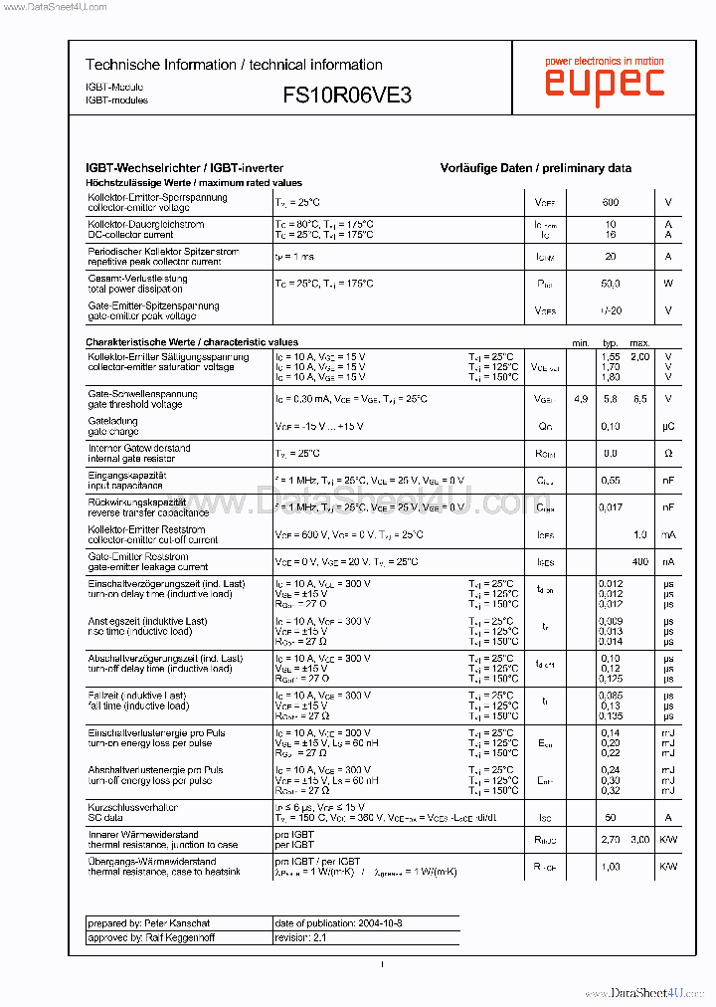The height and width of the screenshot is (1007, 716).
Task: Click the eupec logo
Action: (604, 81)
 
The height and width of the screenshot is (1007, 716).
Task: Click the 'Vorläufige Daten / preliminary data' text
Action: (535, 168)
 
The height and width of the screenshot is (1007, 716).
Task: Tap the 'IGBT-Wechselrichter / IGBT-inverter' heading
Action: (185, 168)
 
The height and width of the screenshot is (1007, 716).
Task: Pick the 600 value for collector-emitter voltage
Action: (610, 202)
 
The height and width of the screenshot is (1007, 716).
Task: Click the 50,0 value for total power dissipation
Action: (610, 284)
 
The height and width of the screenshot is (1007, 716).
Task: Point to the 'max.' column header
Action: (639, 343)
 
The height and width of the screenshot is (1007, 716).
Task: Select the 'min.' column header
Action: (581, 343)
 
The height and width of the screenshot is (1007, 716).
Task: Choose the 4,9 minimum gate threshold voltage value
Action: (581, 399)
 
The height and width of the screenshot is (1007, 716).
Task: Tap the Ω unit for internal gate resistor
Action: (668, 453)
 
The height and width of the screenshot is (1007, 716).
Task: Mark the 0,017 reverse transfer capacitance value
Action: (611, 507)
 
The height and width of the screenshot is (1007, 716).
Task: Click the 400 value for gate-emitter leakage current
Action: (639, 562)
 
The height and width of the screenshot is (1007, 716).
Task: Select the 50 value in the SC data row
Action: (611, 817)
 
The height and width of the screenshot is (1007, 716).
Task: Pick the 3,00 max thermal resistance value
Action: (639, 840)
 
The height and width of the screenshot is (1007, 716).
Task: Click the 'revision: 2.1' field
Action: (300, 937)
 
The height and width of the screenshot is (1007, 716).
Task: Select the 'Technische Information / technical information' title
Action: (234, 65)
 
